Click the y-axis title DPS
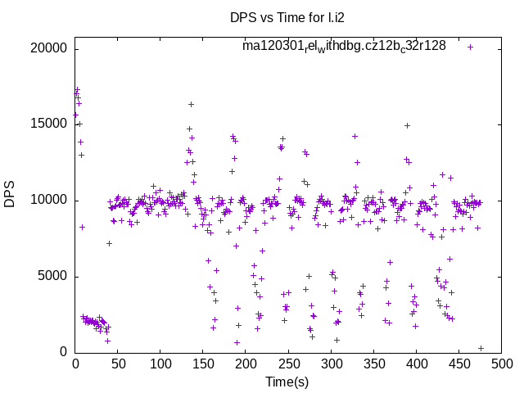tap(10, 194)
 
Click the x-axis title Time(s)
tap(287, 382)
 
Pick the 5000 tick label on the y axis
tap(54, 277)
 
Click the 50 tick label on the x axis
tap(118, 363)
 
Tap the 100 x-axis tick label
tap(160, 363)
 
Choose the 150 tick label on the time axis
tap(203, 363)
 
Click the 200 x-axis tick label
tap(246, 363)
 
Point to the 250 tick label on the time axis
tap(288, 363)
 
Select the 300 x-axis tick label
tap(331, 363)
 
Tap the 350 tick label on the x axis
tap(373, 363)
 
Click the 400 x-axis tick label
tap(416, 363)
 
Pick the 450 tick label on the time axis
tap(458, 363)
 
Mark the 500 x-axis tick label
tap(501, 363)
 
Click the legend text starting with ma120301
tap(344, 46)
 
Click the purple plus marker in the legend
tap(471, 47)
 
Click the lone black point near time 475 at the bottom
tap(481, 348)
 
